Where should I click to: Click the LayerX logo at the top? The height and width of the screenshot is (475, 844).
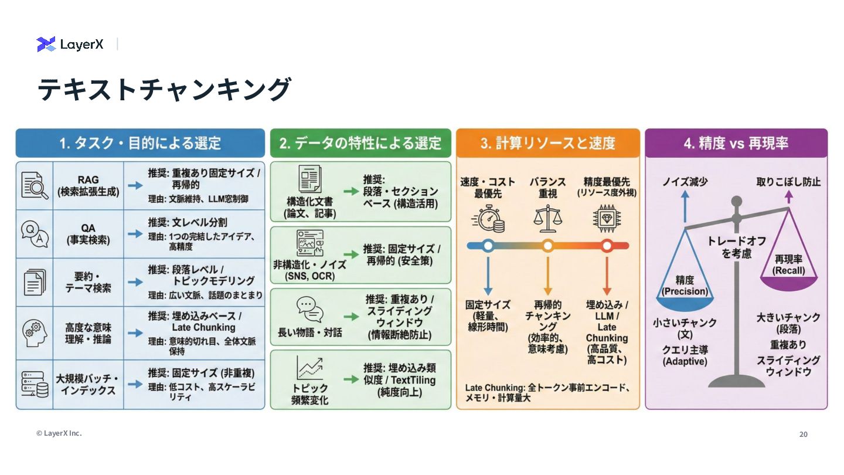pos(70,44)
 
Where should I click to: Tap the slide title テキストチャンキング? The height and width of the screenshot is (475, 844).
pos(164,90)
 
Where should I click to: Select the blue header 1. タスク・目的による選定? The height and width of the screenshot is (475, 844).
pos(140,143)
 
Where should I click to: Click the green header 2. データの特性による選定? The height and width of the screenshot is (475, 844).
pos(360,143)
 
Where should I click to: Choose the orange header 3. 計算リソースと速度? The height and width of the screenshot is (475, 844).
pos(547,143)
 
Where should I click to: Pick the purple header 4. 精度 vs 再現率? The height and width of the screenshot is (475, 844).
pos(736,143)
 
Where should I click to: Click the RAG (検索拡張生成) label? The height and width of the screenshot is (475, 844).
pos(87,185)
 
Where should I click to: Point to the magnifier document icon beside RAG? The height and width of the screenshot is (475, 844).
pos(35,185)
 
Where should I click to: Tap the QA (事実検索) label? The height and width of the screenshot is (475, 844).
pos(88,233)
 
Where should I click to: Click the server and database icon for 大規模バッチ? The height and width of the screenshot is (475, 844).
pos(35,384)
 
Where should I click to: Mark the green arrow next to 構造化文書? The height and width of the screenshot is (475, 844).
pos(350,191)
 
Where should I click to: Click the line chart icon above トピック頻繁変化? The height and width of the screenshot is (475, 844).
pos(309,368)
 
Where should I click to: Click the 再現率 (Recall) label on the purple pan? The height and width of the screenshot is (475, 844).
pos(788,264)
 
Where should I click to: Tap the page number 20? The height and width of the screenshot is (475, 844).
pos(803,435)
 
